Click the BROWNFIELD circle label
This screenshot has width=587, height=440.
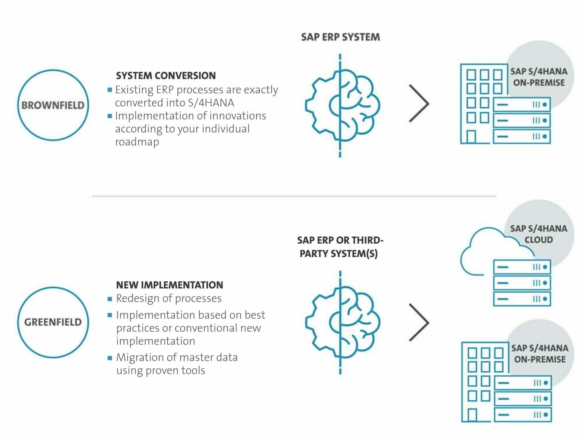(x=53, y=105)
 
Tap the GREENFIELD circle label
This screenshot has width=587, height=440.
(x=53, y=322)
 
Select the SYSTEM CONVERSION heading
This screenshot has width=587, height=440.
(x=166, y=76)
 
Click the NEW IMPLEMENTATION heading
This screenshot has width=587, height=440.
(x=170, y=285)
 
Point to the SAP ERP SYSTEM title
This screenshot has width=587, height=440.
(x=340, y=37)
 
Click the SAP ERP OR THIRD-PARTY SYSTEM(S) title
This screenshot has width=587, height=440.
(x=340, y=247)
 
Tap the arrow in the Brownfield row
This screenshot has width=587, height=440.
(x=419, y=103)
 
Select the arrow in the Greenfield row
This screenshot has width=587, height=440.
(x=419, y=322)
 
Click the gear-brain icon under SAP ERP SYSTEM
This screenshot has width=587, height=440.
(x=342, y=106)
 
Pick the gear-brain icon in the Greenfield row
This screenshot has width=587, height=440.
(x=342, y=322)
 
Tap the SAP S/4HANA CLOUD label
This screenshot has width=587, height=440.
(x=538, y=234)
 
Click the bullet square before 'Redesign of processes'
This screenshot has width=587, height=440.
(x=110, y=299)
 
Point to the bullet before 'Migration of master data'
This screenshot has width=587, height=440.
(x=110, y=358)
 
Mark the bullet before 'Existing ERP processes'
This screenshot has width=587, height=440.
(x=110, y=90)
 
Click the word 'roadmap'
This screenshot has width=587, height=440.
(x=137, y=142)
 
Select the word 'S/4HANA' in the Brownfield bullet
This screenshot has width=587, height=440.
(x=211, y=103)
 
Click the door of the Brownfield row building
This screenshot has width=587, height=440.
(x=471, y=136)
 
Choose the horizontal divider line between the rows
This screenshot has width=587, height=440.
(x=294, y=196)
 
